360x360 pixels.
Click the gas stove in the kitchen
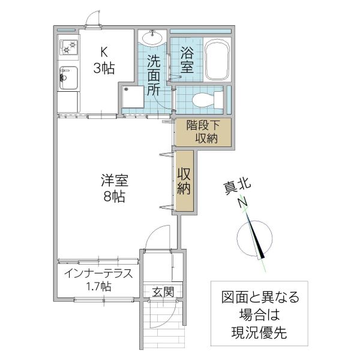[68, 46]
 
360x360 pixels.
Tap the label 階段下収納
[202, 132]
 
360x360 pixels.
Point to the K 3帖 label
[104, 60]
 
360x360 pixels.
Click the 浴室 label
[187, 61]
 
